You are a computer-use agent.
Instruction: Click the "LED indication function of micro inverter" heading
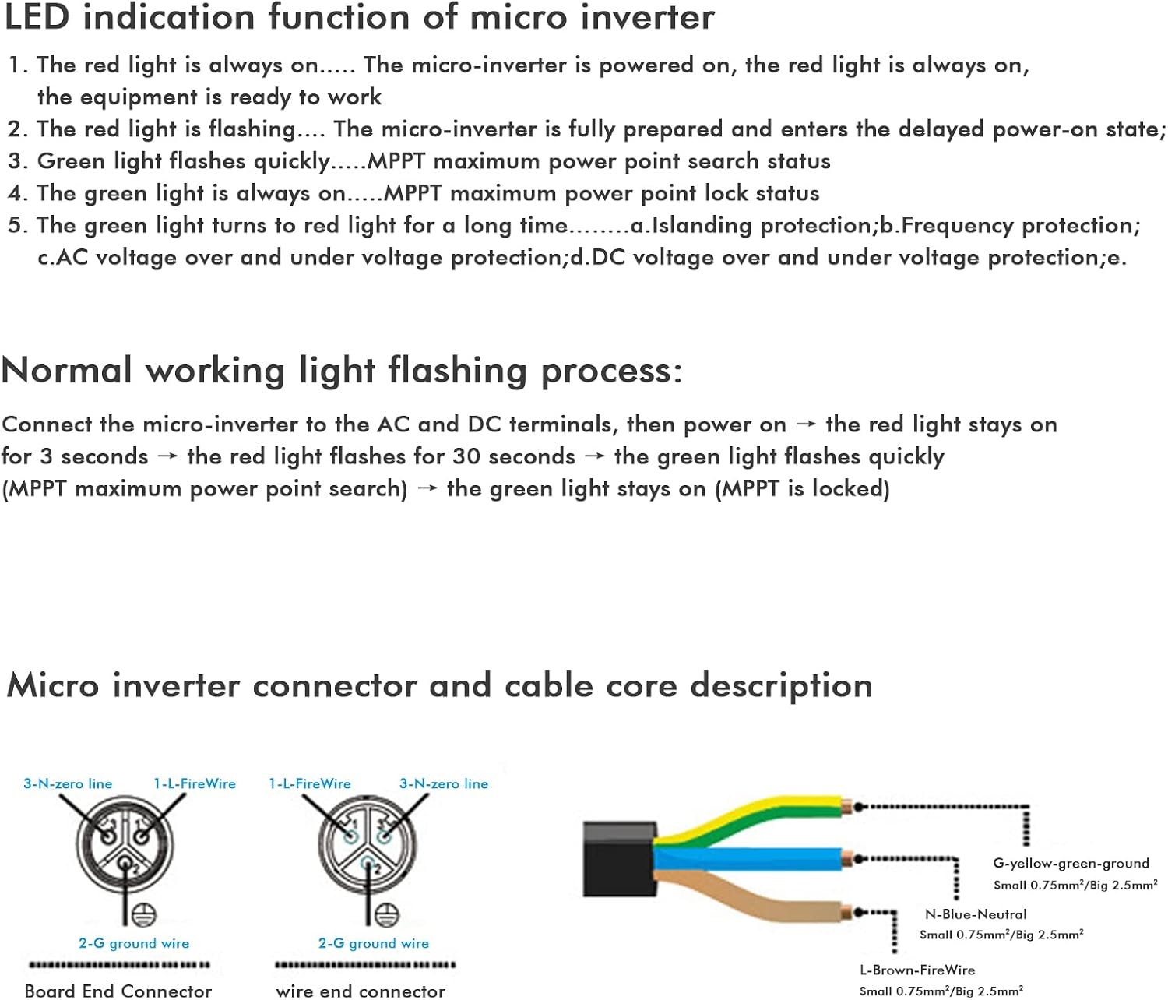pyautogui.click(x=360, y=17)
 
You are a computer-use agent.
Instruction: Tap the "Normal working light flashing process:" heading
pyautogui.click(x=342, y=371)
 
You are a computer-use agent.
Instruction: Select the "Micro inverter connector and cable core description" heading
pyautogui.click(x=440, y=685)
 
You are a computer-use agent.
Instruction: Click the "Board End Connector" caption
pyautogui.click(x=118, y=991)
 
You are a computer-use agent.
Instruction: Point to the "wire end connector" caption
pyautogui.click(x=361, y=991)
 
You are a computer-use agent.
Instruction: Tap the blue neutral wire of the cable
pyautogui.click(x=751, y=858)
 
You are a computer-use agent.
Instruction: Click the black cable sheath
pyautogui.click(x=619, y=859)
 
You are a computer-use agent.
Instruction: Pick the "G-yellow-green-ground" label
pyautogui.click(x=1071, y=863)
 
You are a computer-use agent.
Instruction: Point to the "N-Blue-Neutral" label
pyautogui.click(x=976, y=914)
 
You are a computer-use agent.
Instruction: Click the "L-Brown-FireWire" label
pyautogui.click(x=917, y=970)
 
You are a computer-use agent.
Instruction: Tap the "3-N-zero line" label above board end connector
pyautogui.click(x=68, y=783)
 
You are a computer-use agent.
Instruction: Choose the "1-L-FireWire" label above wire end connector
pyautogui.click(x=310, y=783)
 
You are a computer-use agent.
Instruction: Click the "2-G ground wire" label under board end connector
pyautogui.click(x=134, y=943)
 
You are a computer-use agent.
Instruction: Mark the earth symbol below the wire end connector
pyautogui.click(x=387, y=914)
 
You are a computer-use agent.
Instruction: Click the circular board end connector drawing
pyautogui.click(x=125, y=844)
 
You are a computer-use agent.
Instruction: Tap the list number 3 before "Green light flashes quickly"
pyautogui.click(x=15, y=161)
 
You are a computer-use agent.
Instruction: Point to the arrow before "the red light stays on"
pyautogui.click(x=805, y=424)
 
